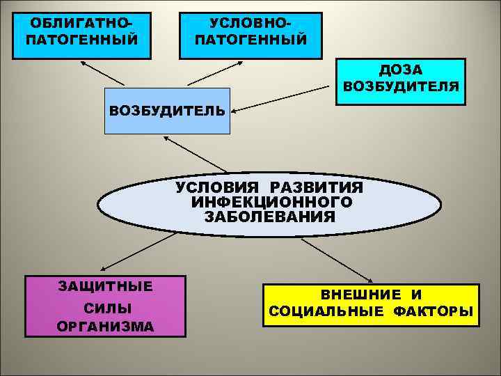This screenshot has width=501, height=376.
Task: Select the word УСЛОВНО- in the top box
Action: (250, 24)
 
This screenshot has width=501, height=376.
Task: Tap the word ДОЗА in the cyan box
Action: (400, 71)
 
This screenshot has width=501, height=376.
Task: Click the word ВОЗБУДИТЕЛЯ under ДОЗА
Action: (401, 88)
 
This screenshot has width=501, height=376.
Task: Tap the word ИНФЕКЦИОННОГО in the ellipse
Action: (271, 202)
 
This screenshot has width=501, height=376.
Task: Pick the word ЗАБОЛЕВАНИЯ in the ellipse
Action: (270, 217)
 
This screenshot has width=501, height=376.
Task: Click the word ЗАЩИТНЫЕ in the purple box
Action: (105, 286)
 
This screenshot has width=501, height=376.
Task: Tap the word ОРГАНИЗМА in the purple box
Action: (105, 327)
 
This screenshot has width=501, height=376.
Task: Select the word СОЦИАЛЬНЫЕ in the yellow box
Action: (326, 311)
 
